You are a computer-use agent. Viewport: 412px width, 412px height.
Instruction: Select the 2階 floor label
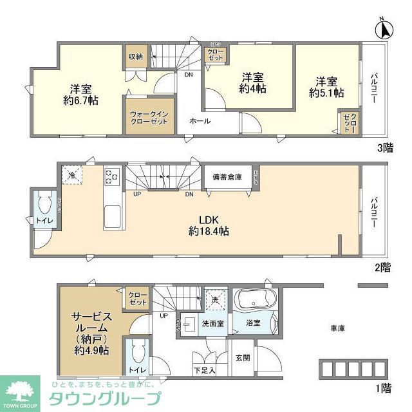(x=383, y=268)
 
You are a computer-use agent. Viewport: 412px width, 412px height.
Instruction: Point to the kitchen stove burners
(x=112, y=176)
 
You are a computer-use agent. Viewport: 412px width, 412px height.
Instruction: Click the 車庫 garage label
(x=338, y=328)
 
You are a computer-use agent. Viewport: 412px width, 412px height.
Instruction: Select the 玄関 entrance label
(x=242, y=358)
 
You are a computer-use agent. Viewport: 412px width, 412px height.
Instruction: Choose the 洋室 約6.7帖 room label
(x=80, y=94)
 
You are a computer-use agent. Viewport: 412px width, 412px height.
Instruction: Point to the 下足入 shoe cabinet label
(x=205, y=370)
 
